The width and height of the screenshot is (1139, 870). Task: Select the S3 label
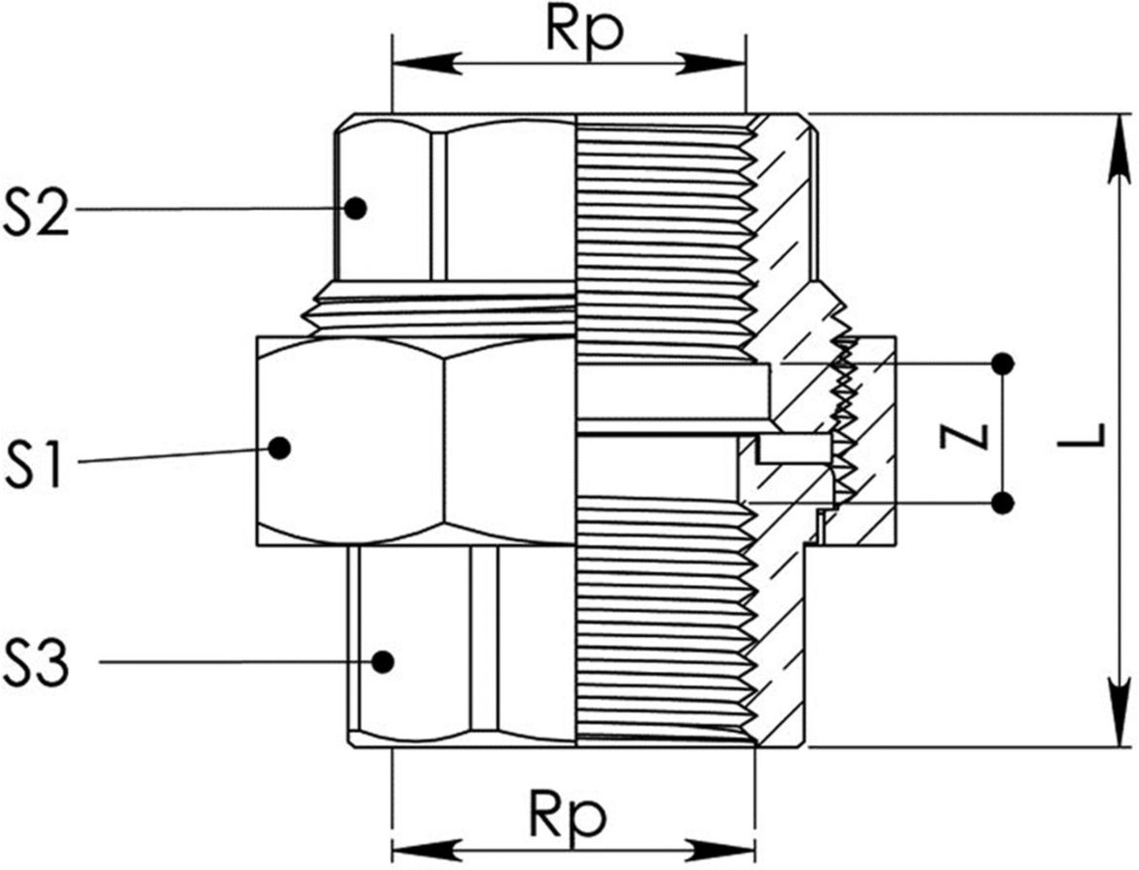coord(38,662)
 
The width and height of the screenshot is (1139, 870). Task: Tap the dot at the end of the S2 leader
coord(357,207)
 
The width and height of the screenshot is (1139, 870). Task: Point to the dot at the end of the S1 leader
coord(280,448)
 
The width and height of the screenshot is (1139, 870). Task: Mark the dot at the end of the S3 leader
coord(383,661)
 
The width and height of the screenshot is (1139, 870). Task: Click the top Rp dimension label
coord(584,30)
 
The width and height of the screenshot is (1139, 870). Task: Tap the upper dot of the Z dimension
coord(1003,363)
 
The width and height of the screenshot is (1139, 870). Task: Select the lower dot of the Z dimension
coord(1003,503)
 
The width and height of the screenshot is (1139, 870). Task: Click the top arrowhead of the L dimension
coord(1120,145)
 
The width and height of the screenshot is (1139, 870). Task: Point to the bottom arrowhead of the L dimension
coord(1120,715)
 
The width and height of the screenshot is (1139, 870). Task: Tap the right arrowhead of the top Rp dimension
coord(716,65)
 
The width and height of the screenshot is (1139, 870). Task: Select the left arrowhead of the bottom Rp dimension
coord(423,852)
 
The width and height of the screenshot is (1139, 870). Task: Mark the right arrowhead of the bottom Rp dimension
coord(723,852)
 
